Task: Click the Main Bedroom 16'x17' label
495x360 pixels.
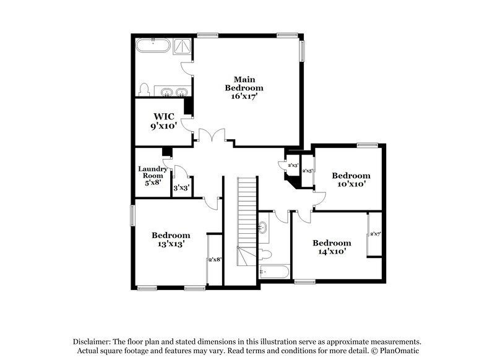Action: click(240, 88)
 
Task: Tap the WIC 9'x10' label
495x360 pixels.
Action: click(163, 121)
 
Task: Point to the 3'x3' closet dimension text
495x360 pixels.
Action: click(180, 187)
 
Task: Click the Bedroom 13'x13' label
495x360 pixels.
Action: click(171, 239)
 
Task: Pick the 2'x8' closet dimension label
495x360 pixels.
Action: click(215, 260)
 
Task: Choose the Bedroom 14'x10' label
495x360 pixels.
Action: click(332, 247)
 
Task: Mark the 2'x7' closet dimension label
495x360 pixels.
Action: click(375, 234)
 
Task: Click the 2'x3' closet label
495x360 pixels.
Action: click(293, 165)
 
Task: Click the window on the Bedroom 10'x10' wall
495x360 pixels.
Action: click(367, 145)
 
